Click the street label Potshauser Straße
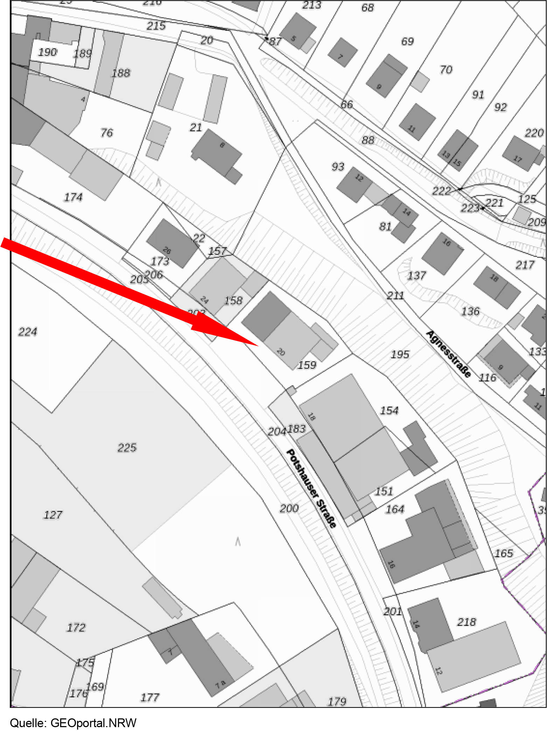[x=311, y=488]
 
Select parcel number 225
[x=127, y=448]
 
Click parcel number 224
[x=28, y=332]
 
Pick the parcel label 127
[x=53, y=514]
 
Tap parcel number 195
[x=400, y=354]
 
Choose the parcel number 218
[x=466, y=622]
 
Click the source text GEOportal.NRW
[x=94, y=723]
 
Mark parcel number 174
[x=73, y=197]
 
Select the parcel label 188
[x=121, y=73]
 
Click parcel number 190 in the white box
[x=47, y=52]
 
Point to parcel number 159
[x=307, y=365]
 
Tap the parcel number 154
[x=389, y=410]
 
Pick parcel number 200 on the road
[x=289, y=508]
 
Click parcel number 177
[x=150, y=697]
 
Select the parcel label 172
[x=76, y=627]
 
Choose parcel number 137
[x=416, y=275]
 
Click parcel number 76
[x=106, y=132]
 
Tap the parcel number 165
[x=504, y=553]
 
